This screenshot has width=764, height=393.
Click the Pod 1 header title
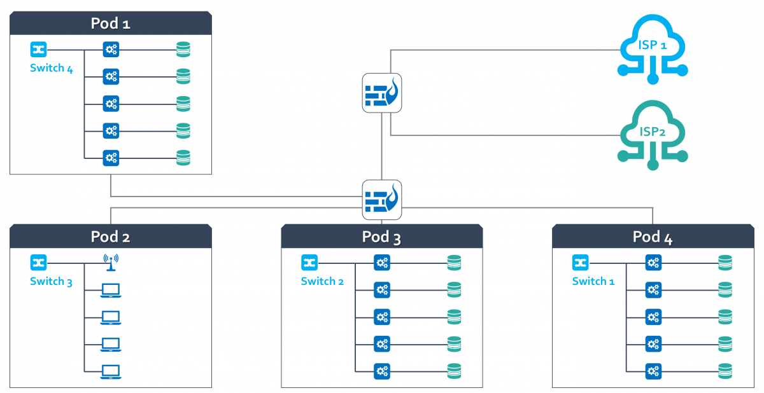coord(111,24)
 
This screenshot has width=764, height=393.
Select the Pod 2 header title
coord(111,237)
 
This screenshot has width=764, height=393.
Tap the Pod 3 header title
coord(381,237)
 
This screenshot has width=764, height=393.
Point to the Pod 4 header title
coord(653,237)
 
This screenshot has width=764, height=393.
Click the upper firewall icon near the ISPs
coord(382,93)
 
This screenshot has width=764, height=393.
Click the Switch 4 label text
coord(52,68)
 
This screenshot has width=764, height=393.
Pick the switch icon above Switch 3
coord(38,262)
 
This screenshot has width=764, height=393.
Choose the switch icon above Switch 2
coord(309,262)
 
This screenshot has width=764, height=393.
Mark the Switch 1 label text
coord(593,281)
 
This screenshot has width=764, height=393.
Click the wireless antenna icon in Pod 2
coord(111,261)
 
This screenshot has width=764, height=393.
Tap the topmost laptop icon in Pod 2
coord(111,290)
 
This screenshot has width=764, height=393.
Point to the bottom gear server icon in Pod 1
coord(111,157)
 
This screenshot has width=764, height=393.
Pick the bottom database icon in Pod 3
coord(454,371)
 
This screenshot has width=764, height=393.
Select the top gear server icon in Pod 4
coord(653,262)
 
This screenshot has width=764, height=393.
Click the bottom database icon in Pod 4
coord(725,371)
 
